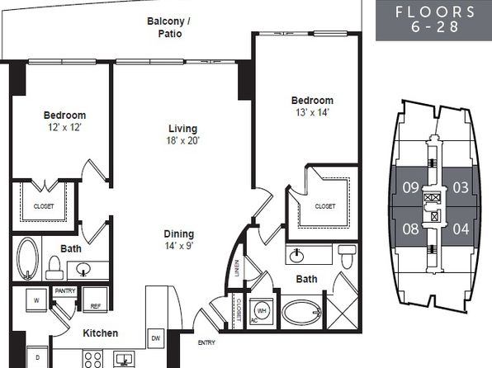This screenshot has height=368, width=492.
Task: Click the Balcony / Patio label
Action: point(168,27)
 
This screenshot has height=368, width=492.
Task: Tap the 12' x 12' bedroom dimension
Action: point(64,127)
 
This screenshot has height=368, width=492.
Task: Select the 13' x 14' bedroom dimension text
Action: point(312,112)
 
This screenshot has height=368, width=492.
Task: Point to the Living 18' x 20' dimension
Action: point(183,140)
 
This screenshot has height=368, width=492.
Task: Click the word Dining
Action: point(179,234)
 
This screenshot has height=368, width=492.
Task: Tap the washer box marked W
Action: point(36,300)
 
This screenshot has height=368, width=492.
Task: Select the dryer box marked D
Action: point(37,357)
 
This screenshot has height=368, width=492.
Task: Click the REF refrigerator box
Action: point(95,300)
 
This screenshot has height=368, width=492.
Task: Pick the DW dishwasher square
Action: point(156,338)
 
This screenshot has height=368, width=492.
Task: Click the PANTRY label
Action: point(65,290)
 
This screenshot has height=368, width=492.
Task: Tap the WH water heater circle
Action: point(262,310)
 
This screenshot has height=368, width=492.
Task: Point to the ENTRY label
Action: point(206,342)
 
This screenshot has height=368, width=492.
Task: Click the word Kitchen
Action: point(101,333)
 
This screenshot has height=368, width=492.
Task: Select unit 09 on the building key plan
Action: point(410,187)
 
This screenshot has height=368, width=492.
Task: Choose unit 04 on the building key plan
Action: point(461,229)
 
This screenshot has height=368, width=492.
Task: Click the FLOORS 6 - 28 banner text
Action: point(435,19)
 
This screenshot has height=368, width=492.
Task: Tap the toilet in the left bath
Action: point(54,267)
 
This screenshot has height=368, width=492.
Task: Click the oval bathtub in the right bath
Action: point(301,313)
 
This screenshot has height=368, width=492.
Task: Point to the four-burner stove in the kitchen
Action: point(93,359)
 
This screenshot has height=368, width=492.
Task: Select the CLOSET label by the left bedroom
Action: point(44,206)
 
